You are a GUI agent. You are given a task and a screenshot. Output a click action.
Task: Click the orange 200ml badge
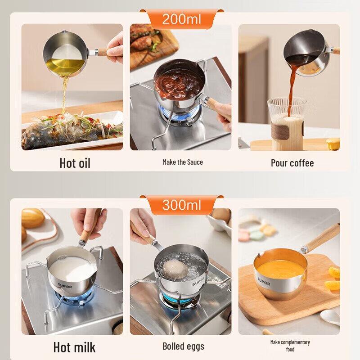pyautogui.click(x=181, y=19)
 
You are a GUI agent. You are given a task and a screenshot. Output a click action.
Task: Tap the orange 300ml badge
pyautogui.click(x=181, y=205)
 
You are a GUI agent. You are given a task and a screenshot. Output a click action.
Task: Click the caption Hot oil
pyautogui.click(x=75, y=163)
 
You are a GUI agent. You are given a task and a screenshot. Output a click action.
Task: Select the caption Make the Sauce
pyautogui.click(x=183, y=162)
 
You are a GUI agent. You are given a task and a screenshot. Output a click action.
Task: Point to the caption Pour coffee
pyautogui.click(x=292, y=163)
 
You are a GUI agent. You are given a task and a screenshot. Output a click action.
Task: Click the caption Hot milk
pyautogui.click(x=74, y=347)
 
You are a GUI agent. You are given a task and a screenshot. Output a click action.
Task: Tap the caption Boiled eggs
pyautogui.click(x=183, y=346)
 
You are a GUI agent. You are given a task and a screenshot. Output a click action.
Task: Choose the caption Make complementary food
pyautogui.click(x=290, y=346)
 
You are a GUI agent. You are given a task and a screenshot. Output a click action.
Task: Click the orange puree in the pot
pyautogui.click(x=279, y=269)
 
